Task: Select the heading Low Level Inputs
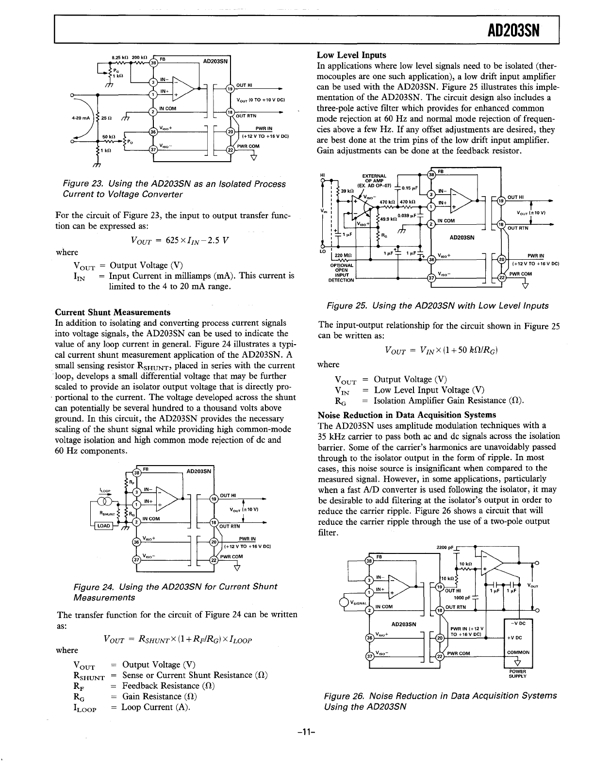pos(351,55)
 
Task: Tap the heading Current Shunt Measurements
pos(113,312)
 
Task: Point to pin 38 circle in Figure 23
pos(153,63)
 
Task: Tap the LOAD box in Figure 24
pos(105,525)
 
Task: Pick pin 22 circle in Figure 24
pos(213,560)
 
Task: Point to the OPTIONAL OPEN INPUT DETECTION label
pos(342,273)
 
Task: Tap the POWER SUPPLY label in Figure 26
pos(519,673)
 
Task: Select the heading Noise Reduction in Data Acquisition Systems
pos(407,415)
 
